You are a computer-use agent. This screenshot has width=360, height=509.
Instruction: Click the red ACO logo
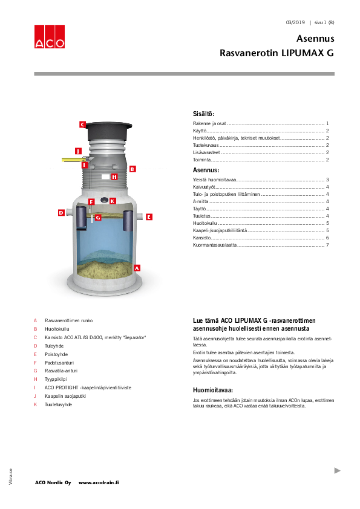tap(49, 36)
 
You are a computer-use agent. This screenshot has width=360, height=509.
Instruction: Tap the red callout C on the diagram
tap(82, 125)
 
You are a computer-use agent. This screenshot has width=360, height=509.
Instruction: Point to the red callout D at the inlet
tap(61, 213)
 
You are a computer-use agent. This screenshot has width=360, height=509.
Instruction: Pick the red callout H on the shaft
tap(114, 177)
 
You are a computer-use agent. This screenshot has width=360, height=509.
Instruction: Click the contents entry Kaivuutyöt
tap(196, 187)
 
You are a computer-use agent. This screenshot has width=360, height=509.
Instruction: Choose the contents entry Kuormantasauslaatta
tap(211, 245)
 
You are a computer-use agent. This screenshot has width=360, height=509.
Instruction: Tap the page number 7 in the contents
tap(327, 245)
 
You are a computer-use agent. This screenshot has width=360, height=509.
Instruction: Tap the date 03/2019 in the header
tap(295, 22)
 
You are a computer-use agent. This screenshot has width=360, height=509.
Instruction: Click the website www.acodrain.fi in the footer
tap(99, 482)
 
